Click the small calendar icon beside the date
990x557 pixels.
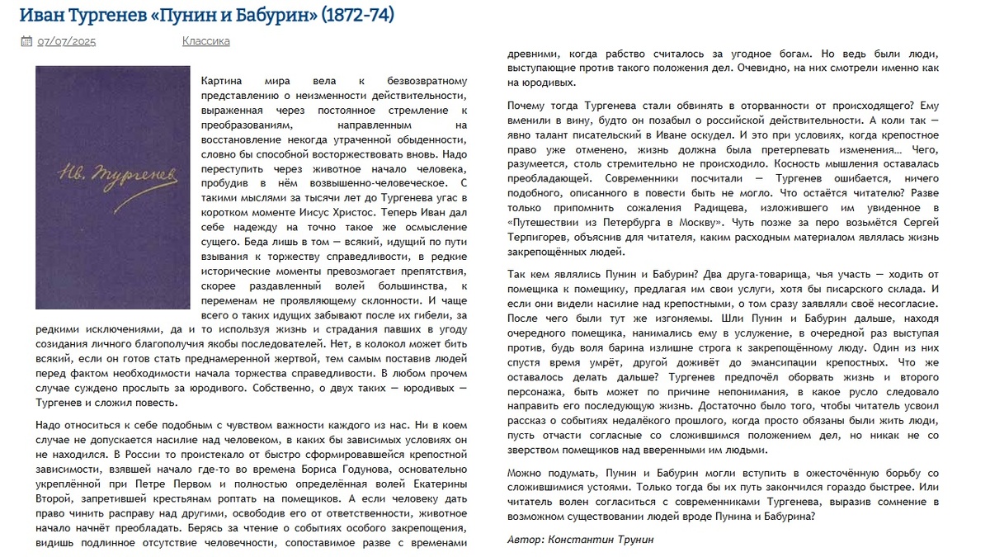point(26,41)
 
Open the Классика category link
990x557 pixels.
point(205,41)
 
